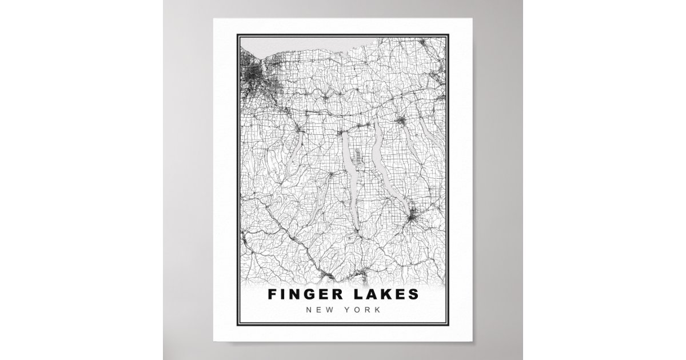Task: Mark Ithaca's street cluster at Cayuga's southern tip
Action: (x=413, y=217)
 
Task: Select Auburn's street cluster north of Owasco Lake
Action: (x=401, y=121)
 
